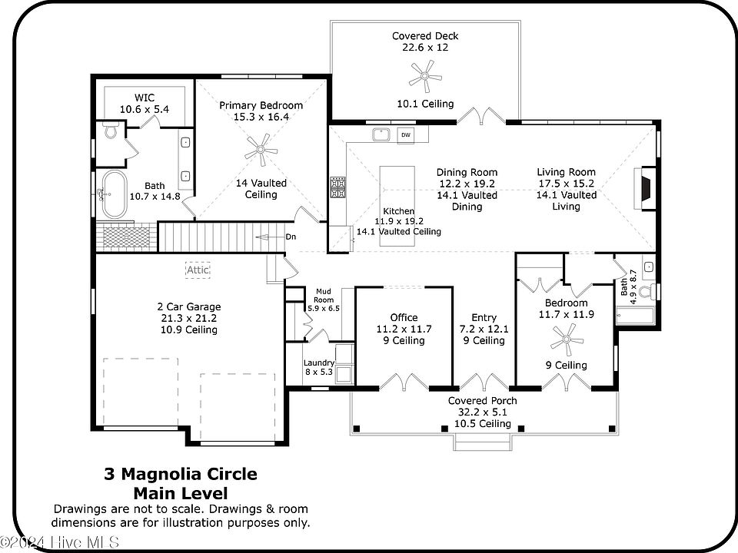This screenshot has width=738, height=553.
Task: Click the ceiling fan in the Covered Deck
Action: click(x=425, y=76)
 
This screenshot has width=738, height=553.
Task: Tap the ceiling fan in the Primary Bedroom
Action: click(x=261, y=150)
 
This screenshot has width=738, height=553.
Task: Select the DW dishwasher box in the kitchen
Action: click(x=406, y=135)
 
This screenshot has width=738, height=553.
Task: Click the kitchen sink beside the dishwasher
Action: click(x=381, y=134)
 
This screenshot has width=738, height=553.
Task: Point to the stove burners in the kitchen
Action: click(x=337, y=188)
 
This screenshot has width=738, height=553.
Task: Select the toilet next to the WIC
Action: click(x=111, y=131)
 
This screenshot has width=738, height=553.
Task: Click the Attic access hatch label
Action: click(x=198, y=270)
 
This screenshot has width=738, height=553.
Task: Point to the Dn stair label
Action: click(x=291, y=237)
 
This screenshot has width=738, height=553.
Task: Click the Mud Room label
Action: click(x=324, y=296)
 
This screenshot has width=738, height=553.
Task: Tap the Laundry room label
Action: click(x=319, y=363)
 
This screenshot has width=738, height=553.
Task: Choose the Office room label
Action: click(x=404, y=317)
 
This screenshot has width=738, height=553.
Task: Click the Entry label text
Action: click(x=484, y=317)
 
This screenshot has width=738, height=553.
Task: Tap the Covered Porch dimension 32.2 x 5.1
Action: click(x=483, y=412)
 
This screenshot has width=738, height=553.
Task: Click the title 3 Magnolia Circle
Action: click(x=181, y=474)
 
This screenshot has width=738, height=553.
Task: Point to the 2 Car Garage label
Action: click(x=189, y=306)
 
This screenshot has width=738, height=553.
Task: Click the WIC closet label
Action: click(x=145, y=98)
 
